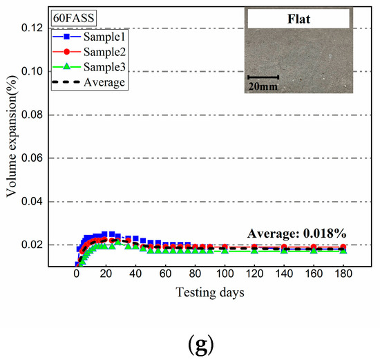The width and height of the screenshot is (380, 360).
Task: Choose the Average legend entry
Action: point(101,83)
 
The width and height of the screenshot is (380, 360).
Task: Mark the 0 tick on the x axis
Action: point(77,274)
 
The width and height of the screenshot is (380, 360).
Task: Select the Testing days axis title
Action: point(209,292)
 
